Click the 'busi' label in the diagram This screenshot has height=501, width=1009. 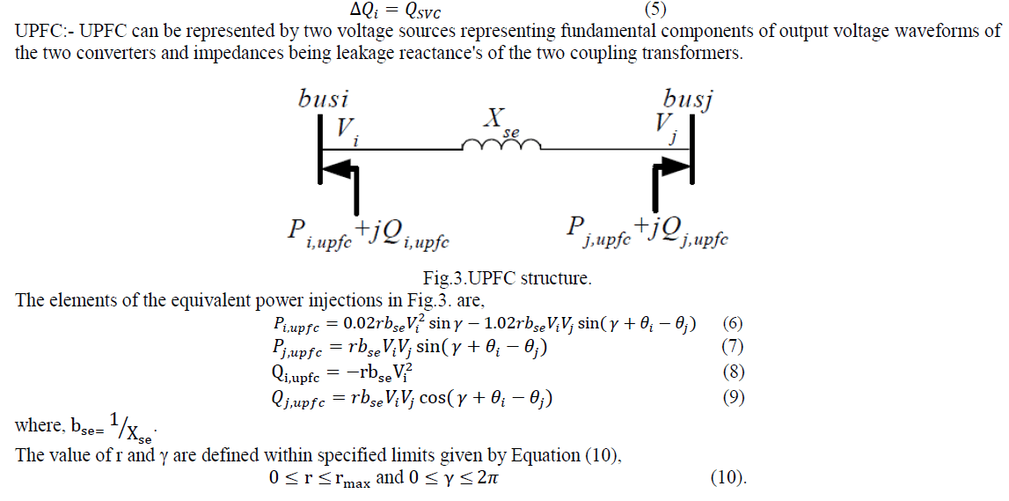324,98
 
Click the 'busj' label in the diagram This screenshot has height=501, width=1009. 687,98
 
